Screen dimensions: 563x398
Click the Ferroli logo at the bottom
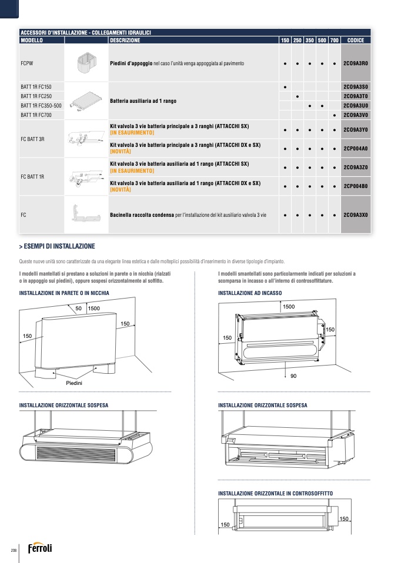[x=40, y=549]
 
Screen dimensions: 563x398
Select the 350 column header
[x=310, y=41]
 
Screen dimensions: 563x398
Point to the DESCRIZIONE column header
[x=125, y=41]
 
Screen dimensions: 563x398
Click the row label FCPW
[x=26, y=63]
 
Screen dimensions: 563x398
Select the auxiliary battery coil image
[x=85, y=100]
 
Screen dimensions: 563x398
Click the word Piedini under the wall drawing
[x=74, y=383]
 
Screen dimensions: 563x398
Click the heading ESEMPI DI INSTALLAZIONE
[x=59, y=246]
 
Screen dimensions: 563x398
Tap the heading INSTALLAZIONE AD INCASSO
[x=250, y=293]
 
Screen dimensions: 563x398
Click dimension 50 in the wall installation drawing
[x=78, y=308]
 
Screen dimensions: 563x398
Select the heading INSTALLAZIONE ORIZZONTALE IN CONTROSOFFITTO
[x=275, y=493]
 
